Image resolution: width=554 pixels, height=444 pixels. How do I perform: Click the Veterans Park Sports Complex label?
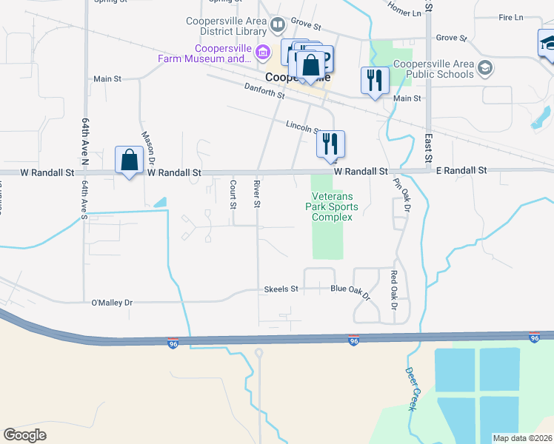tap(330, 201)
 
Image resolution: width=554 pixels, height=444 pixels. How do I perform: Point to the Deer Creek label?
tap(413, 389)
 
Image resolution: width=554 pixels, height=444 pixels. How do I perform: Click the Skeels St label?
tap(281, 289)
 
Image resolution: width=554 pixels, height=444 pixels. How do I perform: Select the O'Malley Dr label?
tap(111, 303)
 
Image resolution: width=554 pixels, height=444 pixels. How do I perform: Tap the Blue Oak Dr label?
tap(350, 292)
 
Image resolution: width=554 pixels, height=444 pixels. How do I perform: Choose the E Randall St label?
tap(461, 170)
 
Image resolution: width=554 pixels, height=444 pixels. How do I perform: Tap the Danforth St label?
tap(264, 91)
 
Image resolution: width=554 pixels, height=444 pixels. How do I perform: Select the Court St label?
tap(233, 193)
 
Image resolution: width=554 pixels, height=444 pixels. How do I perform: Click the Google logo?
tap(24, 435)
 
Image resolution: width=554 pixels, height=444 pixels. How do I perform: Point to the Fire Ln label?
tap(511, 17)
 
